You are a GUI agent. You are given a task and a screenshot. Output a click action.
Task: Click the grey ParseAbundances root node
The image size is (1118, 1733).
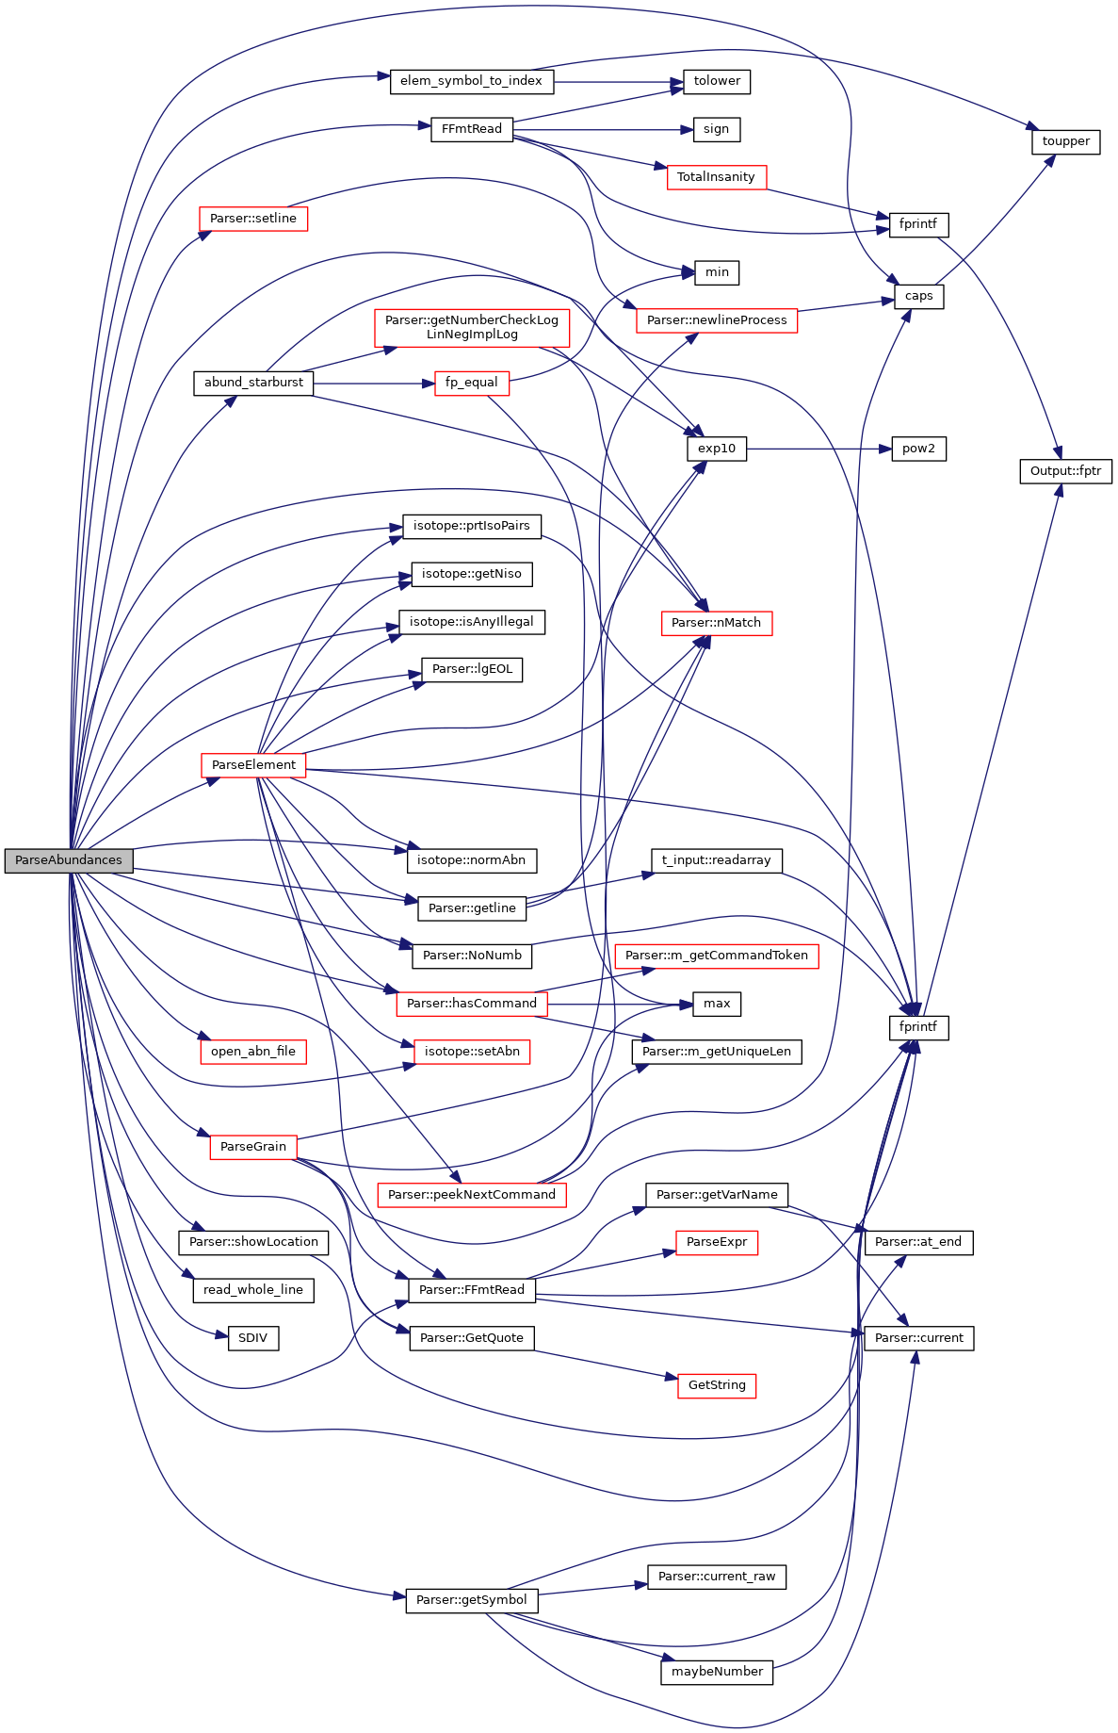[69, 860]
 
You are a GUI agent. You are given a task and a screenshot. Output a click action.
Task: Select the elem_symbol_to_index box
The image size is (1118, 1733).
[471, 81]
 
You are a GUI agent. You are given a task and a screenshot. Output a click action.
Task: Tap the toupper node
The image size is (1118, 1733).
[1065, 141]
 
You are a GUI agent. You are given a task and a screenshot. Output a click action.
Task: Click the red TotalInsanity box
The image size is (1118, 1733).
[716, 177]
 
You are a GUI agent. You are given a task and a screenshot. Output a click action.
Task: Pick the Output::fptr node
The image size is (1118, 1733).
[1065, 471]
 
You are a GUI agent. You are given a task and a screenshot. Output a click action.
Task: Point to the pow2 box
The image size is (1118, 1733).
[918, 449]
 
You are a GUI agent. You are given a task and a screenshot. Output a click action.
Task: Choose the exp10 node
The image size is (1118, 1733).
[717, 449]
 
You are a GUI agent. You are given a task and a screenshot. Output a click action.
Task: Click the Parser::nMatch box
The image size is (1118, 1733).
[716, 623]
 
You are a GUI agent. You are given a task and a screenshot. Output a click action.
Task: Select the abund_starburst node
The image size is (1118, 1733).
[253, 383]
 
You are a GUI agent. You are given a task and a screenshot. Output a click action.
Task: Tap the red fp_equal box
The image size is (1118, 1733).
[471, 383]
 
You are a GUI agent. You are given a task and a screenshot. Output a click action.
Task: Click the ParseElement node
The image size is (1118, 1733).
[253, 765]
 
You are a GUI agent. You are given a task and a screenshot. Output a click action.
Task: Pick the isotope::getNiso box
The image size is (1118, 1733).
[471, 574]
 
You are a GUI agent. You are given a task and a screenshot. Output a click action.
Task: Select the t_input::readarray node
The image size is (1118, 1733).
[716, 860]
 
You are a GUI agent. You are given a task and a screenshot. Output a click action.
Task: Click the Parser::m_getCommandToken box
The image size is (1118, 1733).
[716, 956]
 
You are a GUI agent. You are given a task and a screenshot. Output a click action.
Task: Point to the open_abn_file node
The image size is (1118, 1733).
[253, 1052]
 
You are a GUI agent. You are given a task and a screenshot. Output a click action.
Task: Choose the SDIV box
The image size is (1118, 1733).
[253, 1338]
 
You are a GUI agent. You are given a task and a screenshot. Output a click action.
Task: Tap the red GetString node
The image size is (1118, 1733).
[717, 1385]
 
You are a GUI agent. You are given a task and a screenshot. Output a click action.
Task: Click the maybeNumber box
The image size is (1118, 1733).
[717, 1672]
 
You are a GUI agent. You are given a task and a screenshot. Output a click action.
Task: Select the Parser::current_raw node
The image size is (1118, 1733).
[717, 1577]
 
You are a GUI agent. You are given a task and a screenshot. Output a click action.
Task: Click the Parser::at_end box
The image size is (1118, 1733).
[918, 1242]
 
